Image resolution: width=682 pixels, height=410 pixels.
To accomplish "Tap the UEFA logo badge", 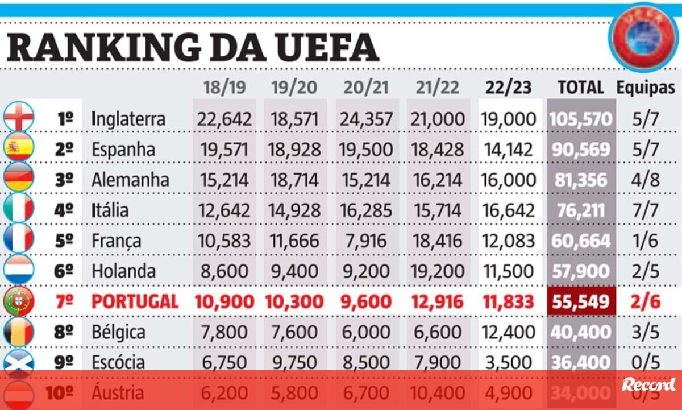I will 644,39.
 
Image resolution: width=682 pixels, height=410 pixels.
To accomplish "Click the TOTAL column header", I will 580,88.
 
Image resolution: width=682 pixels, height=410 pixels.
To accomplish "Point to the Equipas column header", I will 646,88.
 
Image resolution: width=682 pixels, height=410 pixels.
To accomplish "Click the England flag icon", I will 18,118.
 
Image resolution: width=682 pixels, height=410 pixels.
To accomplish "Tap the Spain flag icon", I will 18,149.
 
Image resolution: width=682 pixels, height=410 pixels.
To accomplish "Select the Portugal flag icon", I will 18,301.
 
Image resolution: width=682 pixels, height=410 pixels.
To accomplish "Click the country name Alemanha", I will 130,180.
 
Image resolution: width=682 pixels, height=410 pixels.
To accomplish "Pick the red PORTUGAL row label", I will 135,301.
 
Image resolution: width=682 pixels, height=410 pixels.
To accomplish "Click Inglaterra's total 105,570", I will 581,119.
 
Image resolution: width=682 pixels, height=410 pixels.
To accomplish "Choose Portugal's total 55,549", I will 581,301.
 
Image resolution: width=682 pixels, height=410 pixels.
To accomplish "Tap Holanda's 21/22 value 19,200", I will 438,271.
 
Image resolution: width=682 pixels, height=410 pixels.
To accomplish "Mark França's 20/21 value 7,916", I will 366,241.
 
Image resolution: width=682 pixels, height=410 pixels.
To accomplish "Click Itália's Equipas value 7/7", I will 646,210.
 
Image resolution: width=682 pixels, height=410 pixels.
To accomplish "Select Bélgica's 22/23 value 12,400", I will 509,332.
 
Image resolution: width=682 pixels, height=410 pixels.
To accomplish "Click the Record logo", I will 648,384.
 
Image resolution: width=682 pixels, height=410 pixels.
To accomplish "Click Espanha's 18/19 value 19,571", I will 224,150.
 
